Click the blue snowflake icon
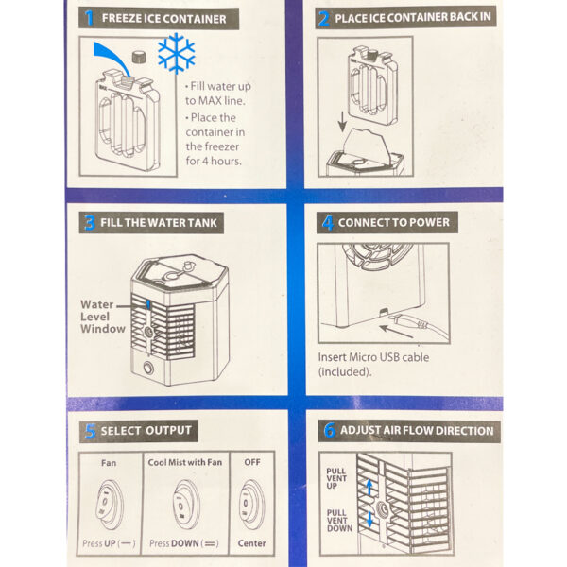pyautogui.click(x=177, y=53)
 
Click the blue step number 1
pyautogui.click(x=89, y=18)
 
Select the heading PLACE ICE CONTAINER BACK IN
pyautogui.click(x=413, y=17)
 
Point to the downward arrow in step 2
pyautogui.click(x=342, y=122)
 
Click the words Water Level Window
pyautogui.click(x=103, y=317)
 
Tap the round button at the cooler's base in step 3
pyautogui.click(x=148, y=369)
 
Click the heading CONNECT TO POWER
pyautogui.click(x=394, y=222)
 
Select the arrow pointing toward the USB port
pyautogui.click(x=396, y=332)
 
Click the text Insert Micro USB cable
pyautogui.click(x=373, y=357)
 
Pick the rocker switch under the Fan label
pyautogui.click(x=110, y=505)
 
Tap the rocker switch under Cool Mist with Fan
pyautogui.click(x=186, y=505)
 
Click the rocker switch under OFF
pyautogui.click(x=251, y=505)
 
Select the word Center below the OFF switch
pyautogui.click(x=251, y=543)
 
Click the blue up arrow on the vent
pyautogui.click(x=369, y=488)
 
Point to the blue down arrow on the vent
pyautogui.click(x=369, y=519)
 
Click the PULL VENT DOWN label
pyautogui.click(x=339, y=521)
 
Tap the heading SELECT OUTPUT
pyautogui.click(x=146, y=431)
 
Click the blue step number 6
pyautogui.click(x=329, y=430)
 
